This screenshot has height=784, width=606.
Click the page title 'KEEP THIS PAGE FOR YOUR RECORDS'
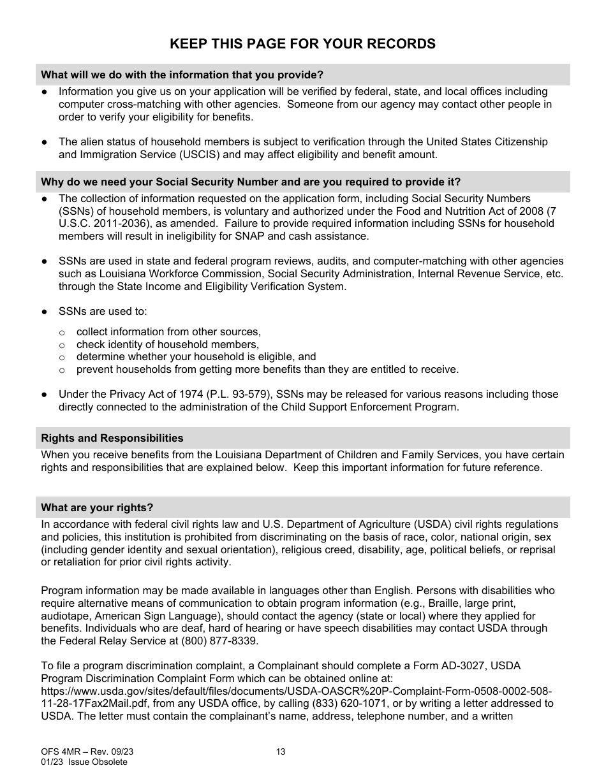pos(302,43)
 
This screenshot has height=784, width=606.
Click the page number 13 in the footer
pos(281,751)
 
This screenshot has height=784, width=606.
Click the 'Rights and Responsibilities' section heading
pos(112,438)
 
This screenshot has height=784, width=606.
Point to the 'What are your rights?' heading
pos(97,507)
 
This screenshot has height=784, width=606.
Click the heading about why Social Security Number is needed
pos(250,182)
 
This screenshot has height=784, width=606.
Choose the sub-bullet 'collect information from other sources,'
pos(168,331)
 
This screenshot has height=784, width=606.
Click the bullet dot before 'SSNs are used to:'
pos(45,312)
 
